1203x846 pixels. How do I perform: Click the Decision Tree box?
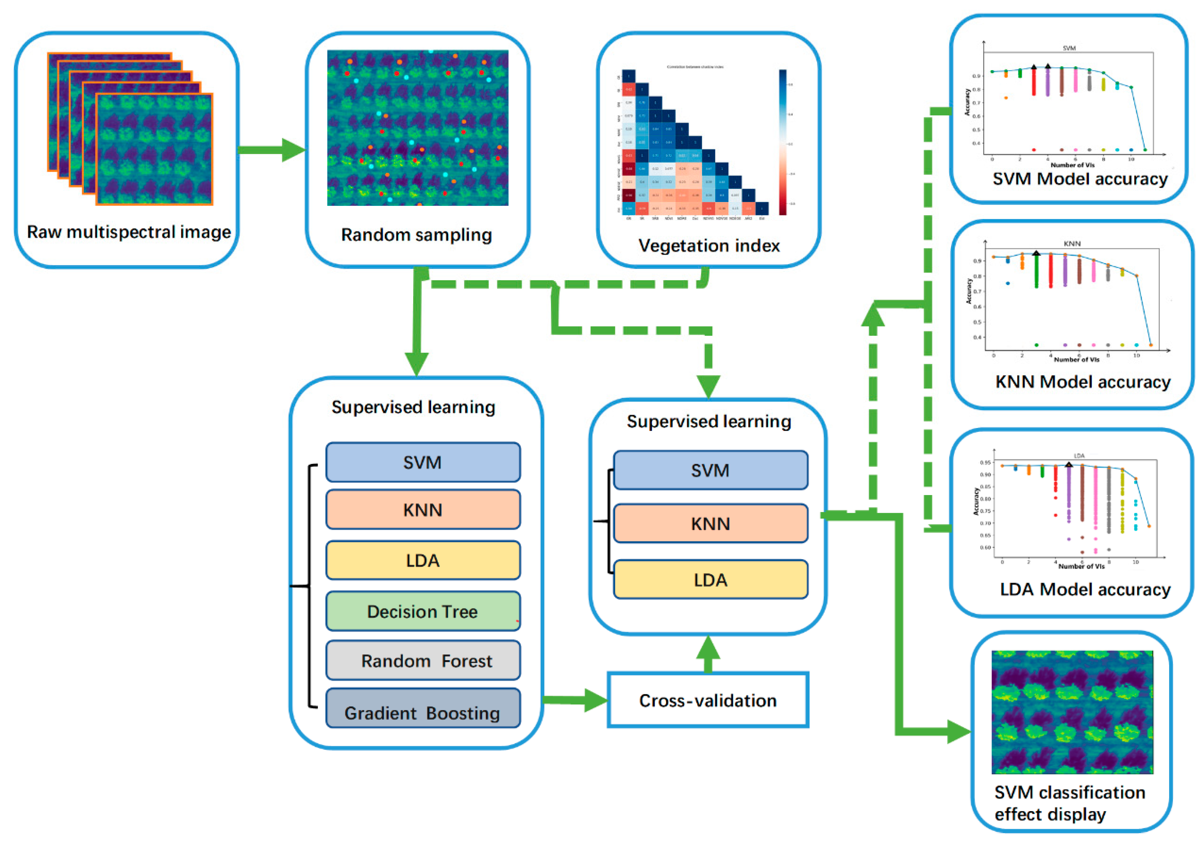(422, 611)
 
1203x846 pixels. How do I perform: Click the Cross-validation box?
(707, 700)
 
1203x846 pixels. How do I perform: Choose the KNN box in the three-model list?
(710, 523)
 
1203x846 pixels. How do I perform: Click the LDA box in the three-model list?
(710, 579)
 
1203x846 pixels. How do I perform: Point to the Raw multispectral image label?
(129, 232)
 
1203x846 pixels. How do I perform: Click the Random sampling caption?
(417, 235)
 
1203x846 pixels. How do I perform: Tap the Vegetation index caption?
(708, 246)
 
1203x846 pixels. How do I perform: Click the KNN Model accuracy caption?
(1082, 382)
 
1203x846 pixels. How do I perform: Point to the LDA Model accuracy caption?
(1084, 589)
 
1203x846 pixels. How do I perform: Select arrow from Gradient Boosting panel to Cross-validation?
(574, 700)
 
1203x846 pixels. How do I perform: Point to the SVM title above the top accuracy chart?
(1069, 48)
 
